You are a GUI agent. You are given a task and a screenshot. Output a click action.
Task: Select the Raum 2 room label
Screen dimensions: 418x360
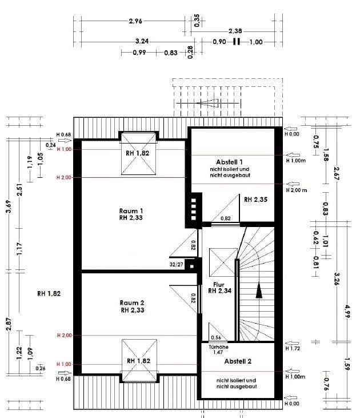coord(132,302)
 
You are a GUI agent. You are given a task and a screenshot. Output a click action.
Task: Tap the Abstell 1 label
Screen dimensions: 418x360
coord(229,162)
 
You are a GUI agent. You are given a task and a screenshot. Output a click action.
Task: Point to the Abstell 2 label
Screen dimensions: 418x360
coord(238,362)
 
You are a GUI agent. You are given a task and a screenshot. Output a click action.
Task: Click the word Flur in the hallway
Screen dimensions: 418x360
coord(218,284)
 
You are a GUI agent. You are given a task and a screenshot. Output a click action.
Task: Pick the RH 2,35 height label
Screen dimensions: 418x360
coord(256,200)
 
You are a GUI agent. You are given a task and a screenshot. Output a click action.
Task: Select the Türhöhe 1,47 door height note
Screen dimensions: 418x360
coord(218,350)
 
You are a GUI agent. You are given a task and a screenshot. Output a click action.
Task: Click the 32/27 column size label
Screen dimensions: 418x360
coord(177,265)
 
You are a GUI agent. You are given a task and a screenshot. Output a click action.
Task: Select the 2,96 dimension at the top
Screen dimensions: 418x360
coord(135,21)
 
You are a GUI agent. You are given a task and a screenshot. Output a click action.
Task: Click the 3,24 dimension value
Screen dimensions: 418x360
coord(142,42)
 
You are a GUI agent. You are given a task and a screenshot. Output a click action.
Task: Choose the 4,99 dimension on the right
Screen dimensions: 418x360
coord(346,312)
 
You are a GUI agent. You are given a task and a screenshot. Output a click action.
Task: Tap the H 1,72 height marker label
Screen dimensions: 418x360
coord(292,348)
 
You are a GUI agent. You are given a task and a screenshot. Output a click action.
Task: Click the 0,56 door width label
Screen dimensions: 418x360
coord(216,337)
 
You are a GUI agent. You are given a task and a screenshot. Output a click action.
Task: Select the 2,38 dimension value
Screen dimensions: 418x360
coord(235,31)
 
